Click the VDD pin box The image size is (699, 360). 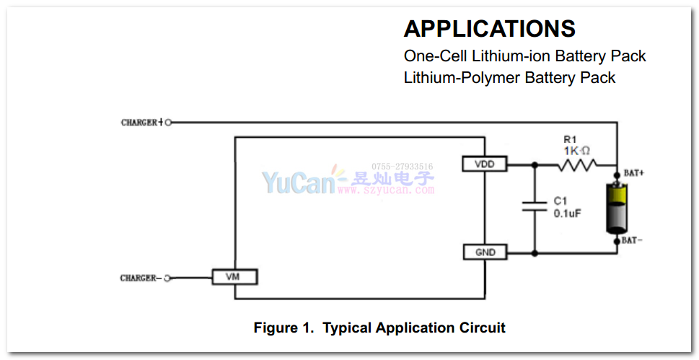click(x=484, y=164)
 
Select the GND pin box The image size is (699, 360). click(x=484, y=253)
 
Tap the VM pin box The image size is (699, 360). click(x=234, y=276)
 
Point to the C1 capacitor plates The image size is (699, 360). click(x=535, y=206)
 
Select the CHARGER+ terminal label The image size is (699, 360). click(x=141, y=123)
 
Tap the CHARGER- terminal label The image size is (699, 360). click(x=139, y=278)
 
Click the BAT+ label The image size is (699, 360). click(x=634, y=174)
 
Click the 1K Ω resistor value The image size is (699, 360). click(x=577, y=150)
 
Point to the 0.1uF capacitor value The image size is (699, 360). click(x=567, y=214)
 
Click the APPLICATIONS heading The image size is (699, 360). click(x=489, y=29)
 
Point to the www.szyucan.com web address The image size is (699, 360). click(x=387, y=190)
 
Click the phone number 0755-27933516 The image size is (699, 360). click(x=402, y=166)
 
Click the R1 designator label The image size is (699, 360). click(x=571, y=139)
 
